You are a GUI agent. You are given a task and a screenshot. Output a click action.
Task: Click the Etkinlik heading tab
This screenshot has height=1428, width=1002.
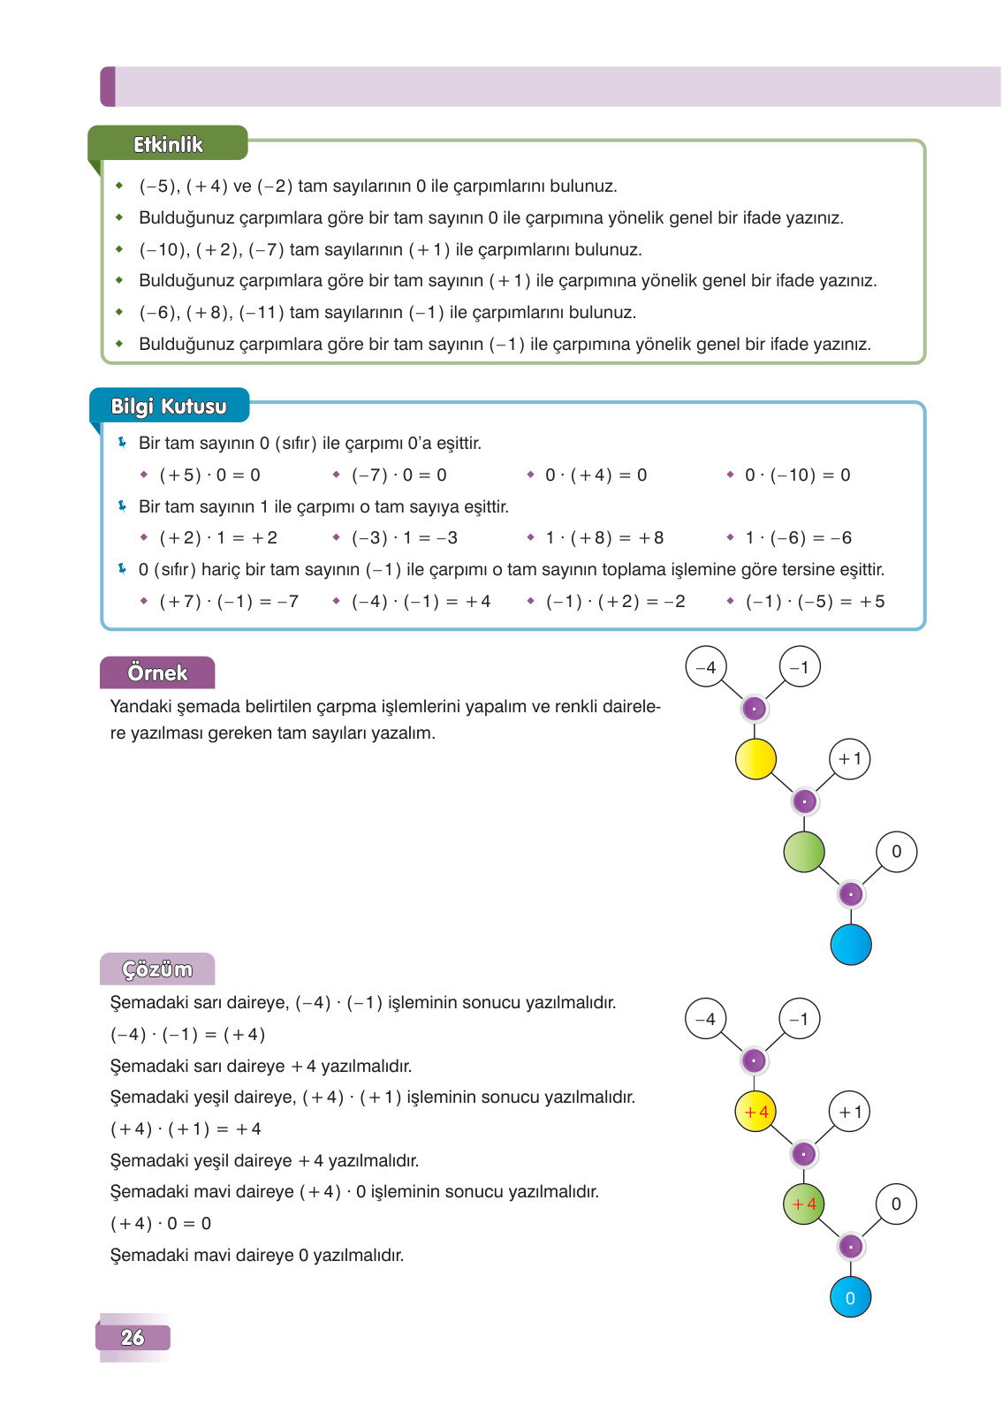pos(168,144)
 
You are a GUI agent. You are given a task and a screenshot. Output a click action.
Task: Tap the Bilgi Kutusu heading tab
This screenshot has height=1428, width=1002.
pos(169,406)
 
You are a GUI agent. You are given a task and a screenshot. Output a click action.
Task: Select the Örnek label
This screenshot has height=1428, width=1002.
pos(157,672)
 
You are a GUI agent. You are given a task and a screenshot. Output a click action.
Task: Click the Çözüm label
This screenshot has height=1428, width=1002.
pos(157,969)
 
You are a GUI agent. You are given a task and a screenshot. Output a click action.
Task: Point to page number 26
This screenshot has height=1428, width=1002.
pos(133,1337)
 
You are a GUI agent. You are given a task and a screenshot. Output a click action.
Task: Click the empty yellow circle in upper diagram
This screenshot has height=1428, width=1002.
pos(755,759)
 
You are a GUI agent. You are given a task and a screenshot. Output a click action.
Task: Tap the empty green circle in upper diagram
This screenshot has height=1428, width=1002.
pos(804,852)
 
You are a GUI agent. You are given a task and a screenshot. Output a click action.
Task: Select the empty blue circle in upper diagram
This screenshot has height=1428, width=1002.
pos(851,945)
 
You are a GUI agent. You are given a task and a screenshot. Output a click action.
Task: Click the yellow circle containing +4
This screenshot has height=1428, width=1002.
pos(755,1112)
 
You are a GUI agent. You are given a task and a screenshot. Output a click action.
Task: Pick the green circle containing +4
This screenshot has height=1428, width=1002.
pos(804,1204)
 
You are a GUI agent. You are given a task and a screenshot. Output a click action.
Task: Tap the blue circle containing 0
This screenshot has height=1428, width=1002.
pos(851,1297)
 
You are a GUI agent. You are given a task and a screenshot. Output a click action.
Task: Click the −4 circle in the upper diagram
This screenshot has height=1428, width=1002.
pos(706,667)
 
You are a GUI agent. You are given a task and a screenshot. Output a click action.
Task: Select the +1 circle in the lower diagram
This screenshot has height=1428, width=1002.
pos(850,1112)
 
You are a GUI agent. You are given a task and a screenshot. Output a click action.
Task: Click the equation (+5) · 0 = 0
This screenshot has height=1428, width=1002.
pos(209,475)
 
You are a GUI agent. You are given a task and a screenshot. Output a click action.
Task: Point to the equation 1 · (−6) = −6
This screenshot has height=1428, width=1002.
pos(798,538)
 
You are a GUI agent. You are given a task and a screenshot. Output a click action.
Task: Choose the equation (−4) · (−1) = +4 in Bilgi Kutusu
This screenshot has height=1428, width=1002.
pos(421,602)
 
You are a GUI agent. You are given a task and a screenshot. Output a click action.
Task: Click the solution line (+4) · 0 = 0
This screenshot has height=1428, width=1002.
pos(161,1224)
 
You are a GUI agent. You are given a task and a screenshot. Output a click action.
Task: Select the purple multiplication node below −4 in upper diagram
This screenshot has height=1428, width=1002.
pos(754,709)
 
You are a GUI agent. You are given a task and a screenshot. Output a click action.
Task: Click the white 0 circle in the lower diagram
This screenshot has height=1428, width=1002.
pos(896,1204)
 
